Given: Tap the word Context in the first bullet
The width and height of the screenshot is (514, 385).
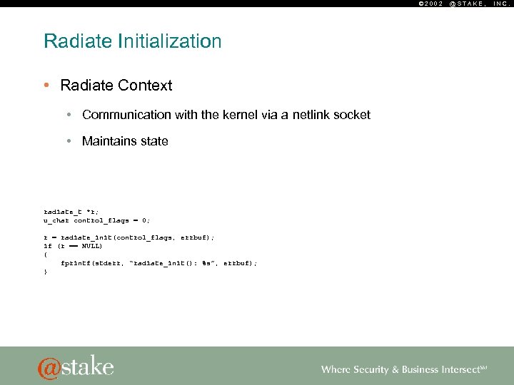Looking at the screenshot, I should (146, 86).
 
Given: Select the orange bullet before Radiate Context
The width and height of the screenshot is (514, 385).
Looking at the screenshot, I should (46, 86).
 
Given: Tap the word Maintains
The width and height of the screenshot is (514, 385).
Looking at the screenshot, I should (110, 141).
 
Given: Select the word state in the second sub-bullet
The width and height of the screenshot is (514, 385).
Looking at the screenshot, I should (154, 141).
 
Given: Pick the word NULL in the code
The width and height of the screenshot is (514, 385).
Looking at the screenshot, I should (91, 245).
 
